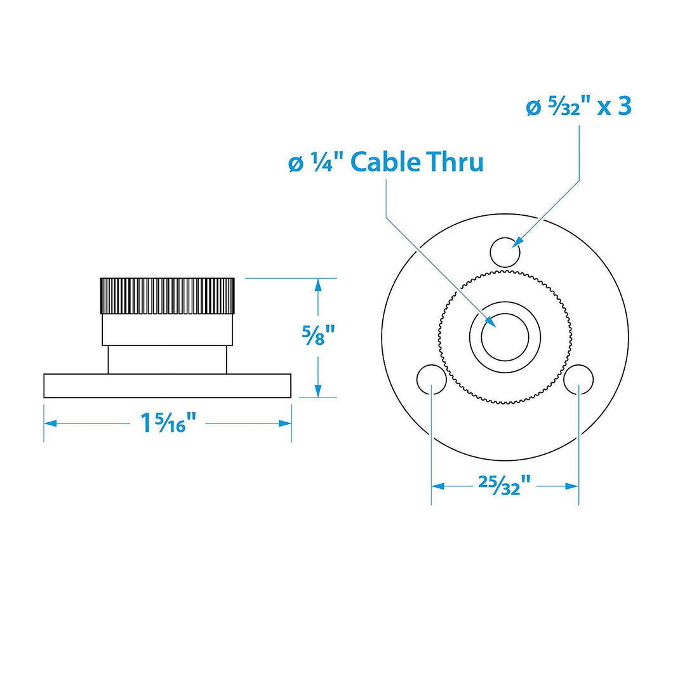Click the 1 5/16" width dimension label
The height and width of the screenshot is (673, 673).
click(168, 423)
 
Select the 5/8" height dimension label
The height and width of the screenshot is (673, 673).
click(319, 335)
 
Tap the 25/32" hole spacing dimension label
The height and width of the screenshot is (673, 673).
click(505, 486)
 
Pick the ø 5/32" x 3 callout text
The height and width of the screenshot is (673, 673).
click(578, 106)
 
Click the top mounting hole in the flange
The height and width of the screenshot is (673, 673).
click(505, 252)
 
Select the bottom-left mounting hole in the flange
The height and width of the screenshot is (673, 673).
click(432, 380)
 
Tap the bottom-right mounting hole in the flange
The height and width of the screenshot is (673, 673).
click(578, 380)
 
